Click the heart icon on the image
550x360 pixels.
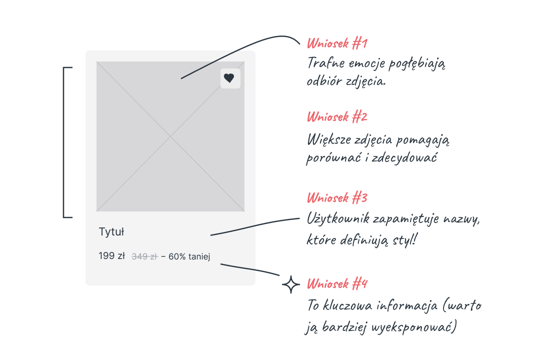(x=229, y=78)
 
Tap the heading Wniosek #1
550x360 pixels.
(x=337, y=43)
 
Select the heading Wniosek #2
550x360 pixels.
(x=337, y=117)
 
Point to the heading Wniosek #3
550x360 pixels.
(x=337, y=198)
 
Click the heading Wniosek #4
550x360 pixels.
(x=337, y=283)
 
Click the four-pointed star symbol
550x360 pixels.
(x=291, y=284)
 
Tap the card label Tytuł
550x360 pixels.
(x=111, y=232)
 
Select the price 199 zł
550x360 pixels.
(x=111, y=256)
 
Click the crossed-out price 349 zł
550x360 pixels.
(x=144, y=256)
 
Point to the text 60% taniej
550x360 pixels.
(x=189, y=256)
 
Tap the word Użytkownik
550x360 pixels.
(x=338, y=219)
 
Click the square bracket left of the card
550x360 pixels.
(x=64, y=142)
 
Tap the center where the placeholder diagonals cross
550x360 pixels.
(x=170, y=136)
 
